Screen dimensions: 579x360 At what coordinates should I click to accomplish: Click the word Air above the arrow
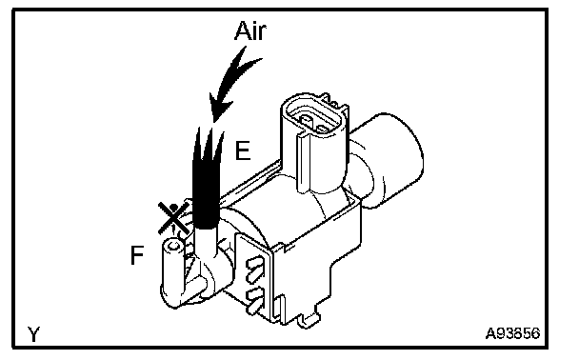pyautogui.click(x=250, y=30)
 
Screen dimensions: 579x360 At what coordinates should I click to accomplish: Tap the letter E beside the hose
pyautogui.click(x=243, y=150)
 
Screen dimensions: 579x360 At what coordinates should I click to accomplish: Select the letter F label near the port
pyautogui.click(x=137, y=255)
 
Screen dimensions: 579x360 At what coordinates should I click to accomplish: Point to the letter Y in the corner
pyautogui.click(x=33, y=334)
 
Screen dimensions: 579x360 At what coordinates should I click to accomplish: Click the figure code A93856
pyautogui.click(x=512, y=333)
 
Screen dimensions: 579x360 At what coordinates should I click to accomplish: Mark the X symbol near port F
pyautogui.click(x=173, y=218)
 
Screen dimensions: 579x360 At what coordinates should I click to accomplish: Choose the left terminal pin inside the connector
pyautogui.click(x=306, y=119)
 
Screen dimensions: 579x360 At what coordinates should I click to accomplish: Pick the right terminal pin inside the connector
pyautogui.click(x=324, y=130)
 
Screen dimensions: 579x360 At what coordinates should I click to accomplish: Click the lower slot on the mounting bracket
pyautogui.click(x=255, y=297)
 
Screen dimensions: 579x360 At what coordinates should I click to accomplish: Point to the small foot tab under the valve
pyautogui.click(x=309, y=320)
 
